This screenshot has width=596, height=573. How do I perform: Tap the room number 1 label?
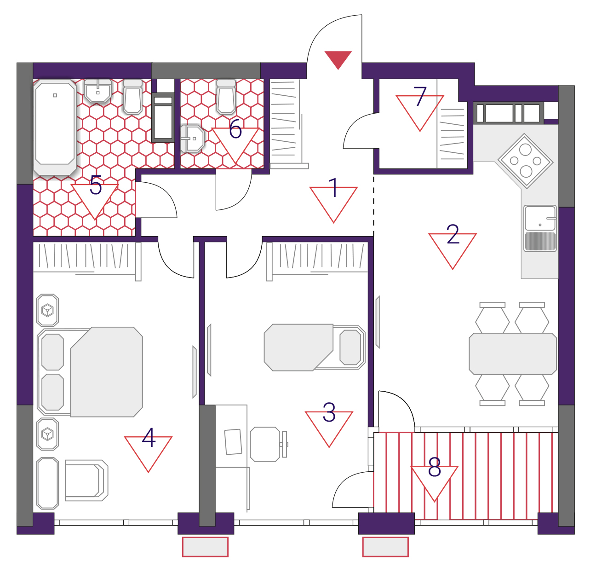[333, 187]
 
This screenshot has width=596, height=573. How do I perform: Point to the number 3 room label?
[329, 412]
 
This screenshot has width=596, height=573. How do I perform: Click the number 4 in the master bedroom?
[149, 438]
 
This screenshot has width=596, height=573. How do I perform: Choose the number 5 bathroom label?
[96, 185]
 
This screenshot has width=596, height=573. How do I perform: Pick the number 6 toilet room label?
[235, 129]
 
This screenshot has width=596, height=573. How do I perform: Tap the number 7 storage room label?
[420, 96]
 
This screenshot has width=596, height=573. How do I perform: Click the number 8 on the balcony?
[434, 467]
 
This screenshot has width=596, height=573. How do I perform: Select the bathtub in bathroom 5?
[55, 127]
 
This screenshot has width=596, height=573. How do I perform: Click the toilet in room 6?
[226, 96]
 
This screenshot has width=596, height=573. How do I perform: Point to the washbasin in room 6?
[192, 139]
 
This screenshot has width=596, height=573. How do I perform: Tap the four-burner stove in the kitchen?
[526, 161]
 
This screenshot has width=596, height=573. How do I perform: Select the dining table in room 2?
[513, 354]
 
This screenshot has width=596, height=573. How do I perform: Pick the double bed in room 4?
[90, 372]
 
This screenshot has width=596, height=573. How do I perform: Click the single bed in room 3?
[315, 347]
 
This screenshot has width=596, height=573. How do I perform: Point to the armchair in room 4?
[86, 480]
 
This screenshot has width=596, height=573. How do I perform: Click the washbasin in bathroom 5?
[97, 91]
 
